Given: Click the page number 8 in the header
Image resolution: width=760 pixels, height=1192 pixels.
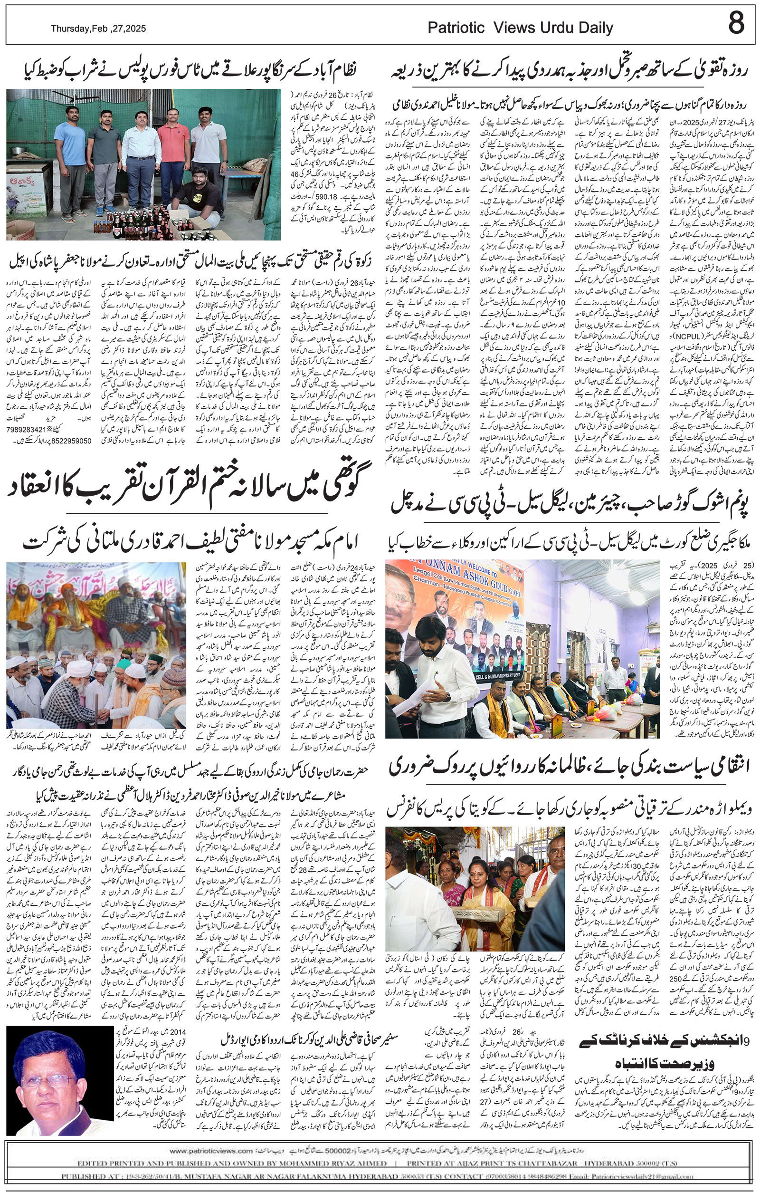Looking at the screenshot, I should [x=736, y=23].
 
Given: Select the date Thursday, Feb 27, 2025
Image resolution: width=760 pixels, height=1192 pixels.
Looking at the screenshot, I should [x=98, y=29].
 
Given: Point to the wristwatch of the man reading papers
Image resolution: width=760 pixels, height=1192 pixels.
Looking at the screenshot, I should [x=447, y=696].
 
